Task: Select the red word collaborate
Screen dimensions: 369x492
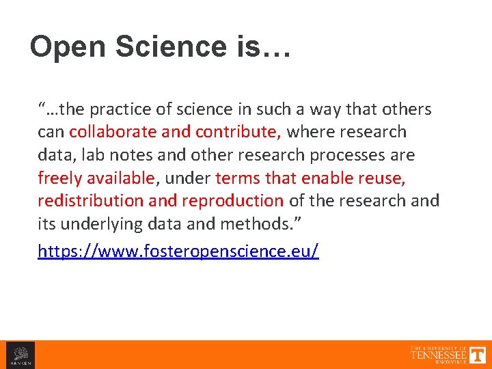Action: point(110,131)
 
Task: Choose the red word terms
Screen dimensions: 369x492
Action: point(236,178)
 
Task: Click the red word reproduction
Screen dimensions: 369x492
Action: point(233,201)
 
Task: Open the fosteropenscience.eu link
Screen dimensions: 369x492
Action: point(178,251)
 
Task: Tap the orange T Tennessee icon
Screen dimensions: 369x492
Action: point(478,355)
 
